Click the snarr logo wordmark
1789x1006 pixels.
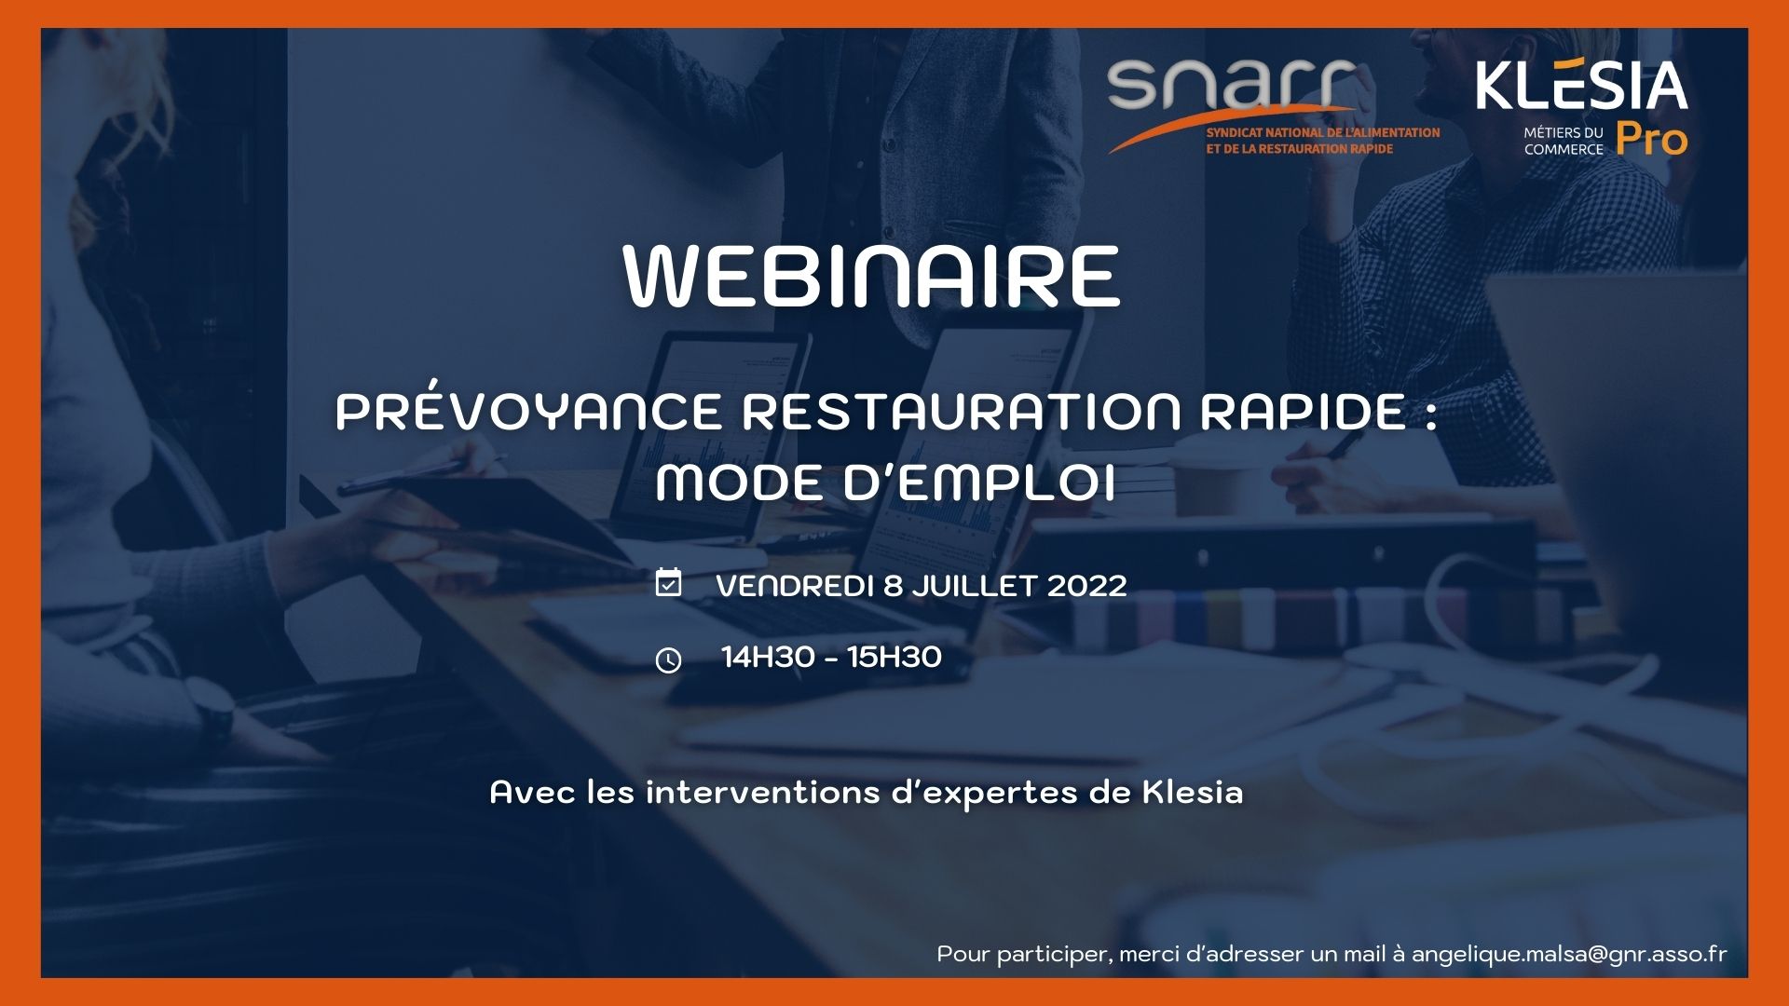(1231, 85)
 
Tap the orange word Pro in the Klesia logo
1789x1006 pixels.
(1652, 140)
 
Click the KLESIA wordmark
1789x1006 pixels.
(1582, 86)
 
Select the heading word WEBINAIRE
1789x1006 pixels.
(871, 276)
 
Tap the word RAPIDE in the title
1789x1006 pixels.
(1303, 411)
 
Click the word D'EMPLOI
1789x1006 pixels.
(979, 483)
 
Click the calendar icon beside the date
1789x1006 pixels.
(668, 582)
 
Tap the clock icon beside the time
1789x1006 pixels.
(668, 660)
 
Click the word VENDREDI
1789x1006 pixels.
(795, 586)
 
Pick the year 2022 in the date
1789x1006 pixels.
(1086, 586)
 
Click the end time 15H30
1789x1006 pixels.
(894, 658)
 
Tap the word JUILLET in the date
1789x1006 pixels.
(974, 586)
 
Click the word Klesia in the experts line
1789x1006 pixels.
(1193, 792)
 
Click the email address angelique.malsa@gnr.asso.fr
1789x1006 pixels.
(1569, 955)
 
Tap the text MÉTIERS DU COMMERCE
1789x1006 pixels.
(1564, 141)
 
